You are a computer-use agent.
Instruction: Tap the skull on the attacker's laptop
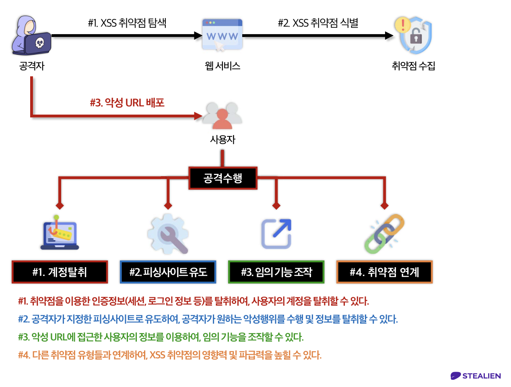[39, 43]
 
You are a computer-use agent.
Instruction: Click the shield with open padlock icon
[414, 35]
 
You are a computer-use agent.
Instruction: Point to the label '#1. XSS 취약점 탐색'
[127, 23]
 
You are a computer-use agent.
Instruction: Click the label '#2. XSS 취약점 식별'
[318, 23]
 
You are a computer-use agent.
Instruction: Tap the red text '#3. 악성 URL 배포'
[127, 103]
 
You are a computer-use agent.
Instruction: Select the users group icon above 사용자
[223, 115]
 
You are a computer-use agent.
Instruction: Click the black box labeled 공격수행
[223, 178]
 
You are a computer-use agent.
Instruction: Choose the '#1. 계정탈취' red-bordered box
[60, 272]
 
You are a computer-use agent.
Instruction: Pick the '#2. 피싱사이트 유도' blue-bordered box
[168, 272]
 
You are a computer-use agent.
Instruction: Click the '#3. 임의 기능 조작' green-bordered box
[276, 272]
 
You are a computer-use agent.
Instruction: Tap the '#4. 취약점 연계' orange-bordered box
[384, 272]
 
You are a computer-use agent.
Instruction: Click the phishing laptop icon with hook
[60, 233]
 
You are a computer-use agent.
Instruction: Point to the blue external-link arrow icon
[276, 234]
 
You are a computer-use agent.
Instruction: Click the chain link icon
[384, 234]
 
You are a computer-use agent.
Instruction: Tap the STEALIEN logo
[476, 376]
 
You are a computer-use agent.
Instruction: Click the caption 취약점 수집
[414, 66]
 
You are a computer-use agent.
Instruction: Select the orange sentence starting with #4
[170, 355]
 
